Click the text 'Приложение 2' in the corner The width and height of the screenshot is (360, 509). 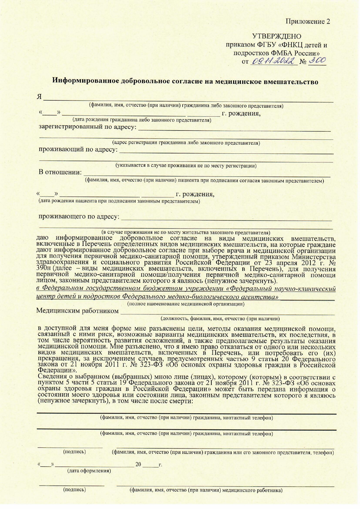point(308,21)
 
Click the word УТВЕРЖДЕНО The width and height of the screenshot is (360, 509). point(277,36)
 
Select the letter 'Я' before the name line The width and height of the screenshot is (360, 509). point(39,97)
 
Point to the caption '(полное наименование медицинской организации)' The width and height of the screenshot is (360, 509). point(186,304)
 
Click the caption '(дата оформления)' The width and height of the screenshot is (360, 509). point(89,470)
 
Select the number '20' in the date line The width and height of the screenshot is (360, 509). point(138,464)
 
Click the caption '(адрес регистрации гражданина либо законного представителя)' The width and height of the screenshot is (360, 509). point(186,143)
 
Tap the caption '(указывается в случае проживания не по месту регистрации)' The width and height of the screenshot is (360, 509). point(186,166)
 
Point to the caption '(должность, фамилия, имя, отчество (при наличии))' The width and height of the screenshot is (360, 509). point(220,319)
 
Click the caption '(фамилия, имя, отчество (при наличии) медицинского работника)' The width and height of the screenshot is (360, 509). point(206,490)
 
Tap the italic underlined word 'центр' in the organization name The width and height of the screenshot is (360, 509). point(44,297)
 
